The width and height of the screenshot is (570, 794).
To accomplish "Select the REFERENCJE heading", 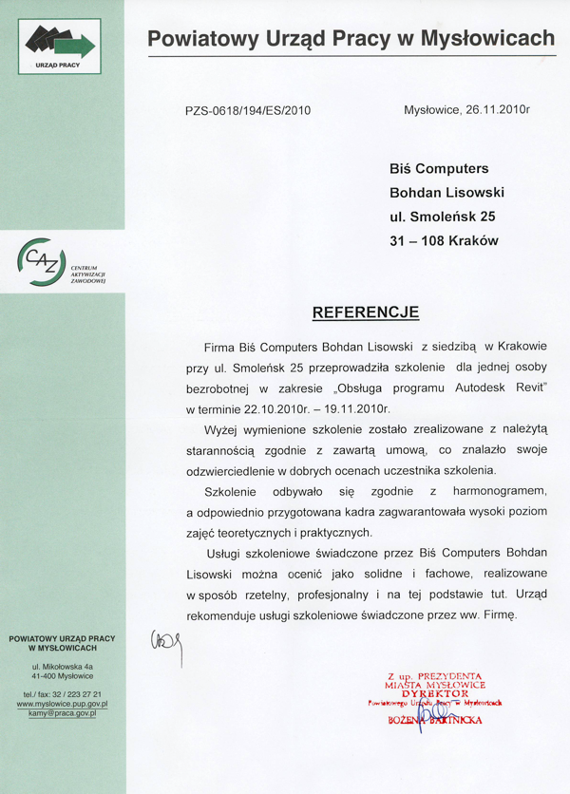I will pyautogui.click(x=366, y=312).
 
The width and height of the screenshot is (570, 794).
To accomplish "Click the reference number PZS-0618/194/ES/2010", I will pyautogui.click(x=248, y=110).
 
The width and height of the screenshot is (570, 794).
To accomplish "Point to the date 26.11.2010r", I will pyautogui.click(x=493, y=109).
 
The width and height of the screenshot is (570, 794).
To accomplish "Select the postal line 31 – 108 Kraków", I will pyautogui.click(x=444, y=241).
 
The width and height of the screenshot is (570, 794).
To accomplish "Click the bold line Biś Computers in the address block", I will pyautogui.click(x=439, y=168).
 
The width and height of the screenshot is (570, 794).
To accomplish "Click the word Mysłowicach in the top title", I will pyautogui.click(x=489, y=38).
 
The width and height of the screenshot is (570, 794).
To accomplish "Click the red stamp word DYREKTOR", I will pyautogui.click(x=436, y=693).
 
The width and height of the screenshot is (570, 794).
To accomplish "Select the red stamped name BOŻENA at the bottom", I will pyautogui.click(x=409, y=720).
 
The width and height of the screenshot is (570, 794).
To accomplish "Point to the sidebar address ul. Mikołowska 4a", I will pyautogui.click(x=63, y=668).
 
